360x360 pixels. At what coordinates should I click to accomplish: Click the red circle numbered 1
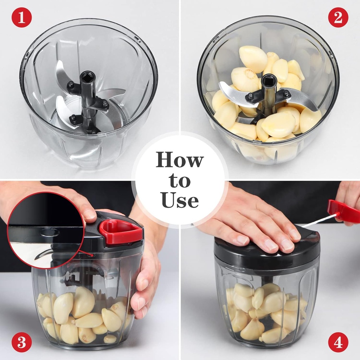[21, 17]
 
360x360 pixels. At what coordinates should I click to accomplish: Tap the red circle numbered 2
[338, 17]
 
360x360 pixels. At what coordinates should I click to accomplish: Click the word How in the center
[180, 161]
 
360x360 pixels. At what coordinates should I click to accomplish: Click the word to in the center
[180, 181]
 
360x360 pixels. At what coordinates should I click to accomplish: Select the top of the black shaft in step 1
[88, 76]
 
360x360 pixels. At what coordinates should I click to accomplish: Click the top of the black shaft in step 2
[269, 79]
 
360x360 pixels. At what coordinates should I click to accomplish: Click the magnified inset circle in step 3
[46, 230]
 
